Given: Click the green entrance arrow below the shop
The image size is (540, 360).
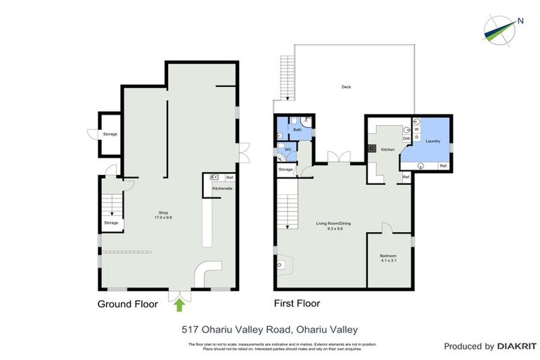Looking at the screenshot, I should click(179, 304).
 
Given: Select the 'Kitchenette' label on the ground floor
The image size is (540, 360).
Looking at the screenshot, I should click(222, 188).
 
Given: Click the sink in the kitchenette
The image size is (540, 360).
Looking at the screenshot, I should click(214, 177).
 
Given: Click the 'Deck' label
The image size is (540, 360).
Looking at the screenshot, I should click(346, 87).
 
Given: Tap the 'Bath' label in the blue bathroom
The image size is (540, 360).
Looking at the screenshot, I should click(297, 129).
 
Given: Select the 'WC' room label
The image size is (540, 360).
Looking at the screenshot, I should click(288, 150).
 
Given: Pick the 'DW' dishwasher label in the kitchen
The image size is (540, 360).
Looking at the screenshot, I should click(406, 139).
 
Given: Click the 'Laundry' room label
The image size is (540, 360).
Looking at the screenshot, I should click(432, 141).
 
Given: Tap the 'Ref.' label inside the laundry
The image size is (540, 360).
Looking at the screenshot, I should click(443, 165).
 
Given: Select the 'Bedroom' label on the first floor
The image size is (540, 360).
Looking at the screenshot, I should click(388, 255).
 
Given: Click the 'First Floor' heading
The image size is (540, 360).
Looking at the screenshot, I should click(297, 304).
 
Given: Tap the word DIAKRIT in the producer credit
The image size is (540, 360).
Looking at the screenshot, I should click(517, 346).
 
